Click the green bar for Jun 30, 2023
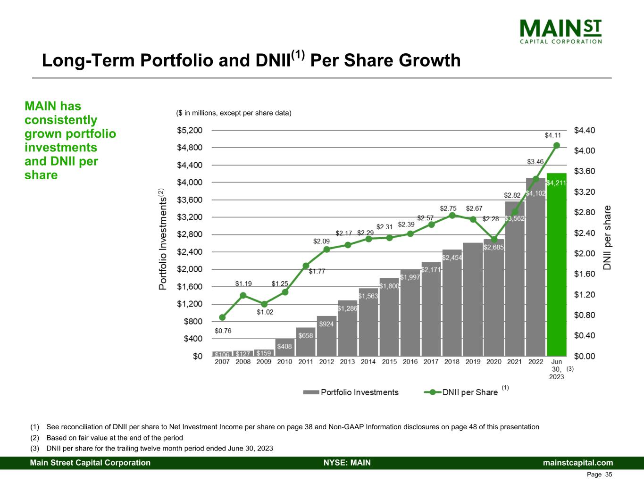click(556, 264)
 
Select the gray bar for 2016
click(410, 314)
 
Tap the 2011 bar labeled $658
click(306, 341)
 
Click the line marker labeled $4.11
click(557, 145)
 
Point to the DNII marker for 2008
click(243, 295)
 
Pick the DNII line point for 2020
click(494, 239)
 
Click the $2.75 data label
click(448, 208)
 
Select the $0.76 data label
click(223, 331)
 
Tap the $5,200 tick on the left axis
click(190, 130)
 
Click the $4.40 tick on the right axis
click(585, 130)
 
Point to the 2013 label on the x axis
click(347, 362)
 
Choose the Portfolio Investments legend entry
click(351, 392)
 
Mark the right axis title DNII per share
click(608, 237)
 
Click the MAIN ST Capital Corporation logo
click(560, 31)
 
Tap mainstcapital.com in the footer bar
click(578, 463)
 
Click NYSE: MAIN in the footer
click(347, 463)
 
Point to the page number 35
click(608, 475)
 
